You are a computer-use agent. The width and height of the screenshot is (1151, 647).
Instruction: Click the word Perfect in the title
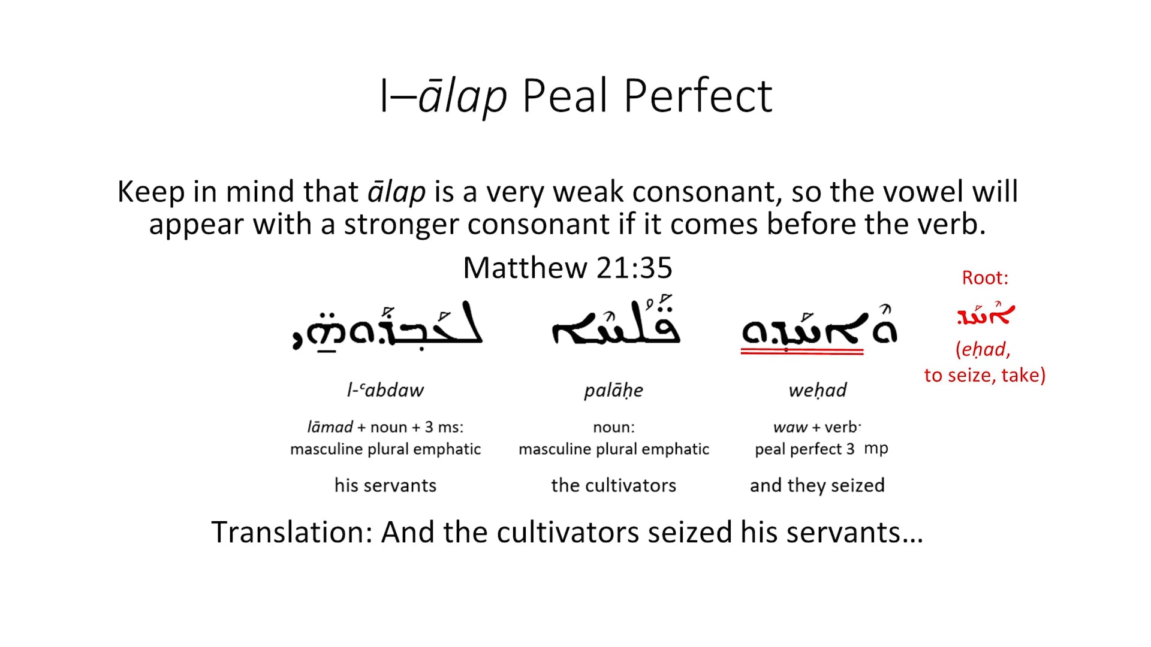coord(698,96)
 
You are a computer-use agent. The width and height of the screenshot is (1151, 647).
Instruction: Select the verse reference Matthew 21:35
coord(567,267)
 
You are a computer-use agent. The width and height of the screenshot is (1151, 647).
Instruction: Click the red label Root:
coord(985,277)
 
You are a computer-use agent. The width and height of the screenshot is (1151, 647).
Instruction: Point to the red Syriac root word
coord(985,315)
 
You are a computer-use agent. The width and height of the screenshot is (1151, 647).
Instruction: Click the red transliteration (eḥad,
coord(983,349)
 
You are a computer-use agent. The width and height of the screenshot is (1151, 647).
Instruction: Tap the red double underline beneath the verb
coord(802,352)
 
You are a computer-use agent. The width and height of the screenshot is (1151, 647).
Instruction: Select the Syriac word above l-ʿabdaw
coord(387,326)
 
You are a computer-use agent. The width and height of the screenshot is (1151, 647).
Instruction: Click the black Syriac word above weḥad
coord(819,328)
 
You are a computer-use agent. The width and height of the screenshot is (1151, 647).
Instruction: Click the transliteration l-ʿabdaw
coord(385,391)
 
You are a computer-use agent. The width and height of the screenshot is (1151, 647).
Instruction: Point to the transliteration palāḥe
coord(613,391)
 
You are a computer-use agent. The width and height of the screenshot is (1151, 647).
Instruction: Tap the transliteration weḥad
coord(818,391)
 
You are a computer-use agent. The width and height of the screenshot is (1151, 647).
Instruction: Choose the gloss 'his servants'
coord(385,485)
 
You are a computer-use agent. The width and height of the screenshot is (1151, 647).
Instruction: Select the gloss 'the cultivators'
coord(613,485)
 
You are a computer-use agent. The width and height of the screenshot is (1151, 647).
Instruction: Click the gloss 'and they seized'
coord(817,485)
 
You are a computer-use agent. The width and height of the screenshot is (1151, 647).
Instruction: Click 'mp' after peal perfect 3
coord(876,448)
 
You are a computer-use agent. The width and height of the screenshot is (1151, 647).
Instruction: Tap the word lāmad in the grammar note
coord(330,427)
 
